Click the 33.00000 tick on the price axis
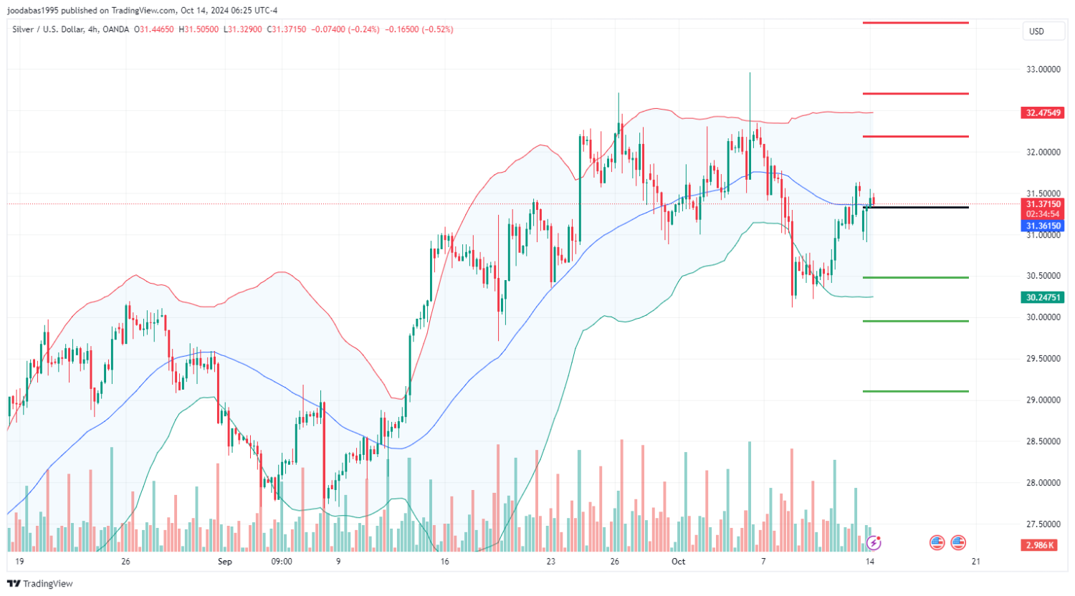pos(1043,69)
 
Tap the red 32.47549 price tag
pos(1043,113)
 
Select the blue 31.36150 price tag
pos(1043,226)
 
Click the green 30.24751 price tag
pos(1043,297)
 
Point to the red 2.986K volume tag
pos(1039,545)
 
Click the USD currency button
pos(1036,32)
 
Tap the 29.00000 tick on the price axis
pos(1043,400)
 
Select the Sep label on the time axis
pos(225,562)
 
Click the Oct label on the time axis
pos(678,562)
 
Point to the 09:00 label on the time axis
pos(282,562)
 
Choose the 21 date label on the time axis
pos(975,562)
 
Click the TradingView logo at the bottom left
pos(40,584)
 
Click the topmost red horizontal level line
pos(916,23)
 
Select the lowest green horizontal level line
pos(916,391)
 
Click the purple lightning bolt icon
pos(873,542)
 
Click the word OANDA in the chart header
pos(115,29)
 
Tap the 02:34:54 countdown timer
pos(1043,214)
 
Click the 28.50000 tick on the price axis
pos(1043,441)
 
